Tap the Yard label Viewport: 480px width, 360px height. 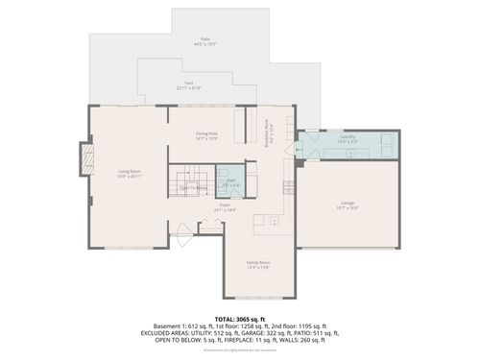click(189, 84)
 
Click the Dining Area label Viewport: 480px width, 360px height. click(206, 135)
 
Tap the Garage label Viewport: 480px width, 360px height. click(347, 204)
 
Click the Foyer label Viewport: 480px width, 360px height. click(224, 206)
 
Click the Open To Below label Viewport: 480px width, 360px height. click(192, 188)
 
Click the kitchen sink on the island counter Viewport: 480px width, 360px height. click(274, 221)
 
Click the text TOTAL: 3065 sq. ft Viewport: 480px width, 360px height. click(240, 318)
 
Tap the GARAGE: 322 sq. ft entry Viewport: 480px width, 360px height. click(266, 332)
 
